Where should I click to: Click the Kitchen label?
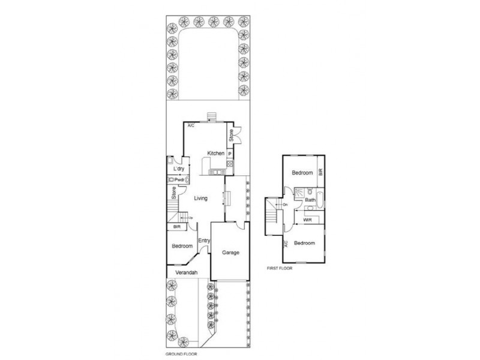(216, 154)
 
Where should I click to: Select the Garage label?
(230, 253)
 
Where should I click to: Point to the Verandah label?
(186, 272)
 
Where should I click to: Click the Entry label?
(204, 241)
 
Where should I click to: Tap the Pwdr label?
(179, 179)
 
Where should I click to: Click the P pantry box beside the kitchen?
(229, 154)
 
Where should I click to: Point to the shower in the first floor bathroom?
(299, 193)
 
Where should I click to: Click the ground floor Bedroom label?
(182, 247)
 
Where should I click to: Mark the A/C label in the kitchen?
(191, 126)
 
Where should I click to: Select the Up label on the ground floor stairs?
(191, 217)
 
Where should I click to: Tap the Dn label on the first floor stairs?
(286, 205)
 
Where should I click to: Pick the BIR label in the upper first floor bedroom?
(321, 172)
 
